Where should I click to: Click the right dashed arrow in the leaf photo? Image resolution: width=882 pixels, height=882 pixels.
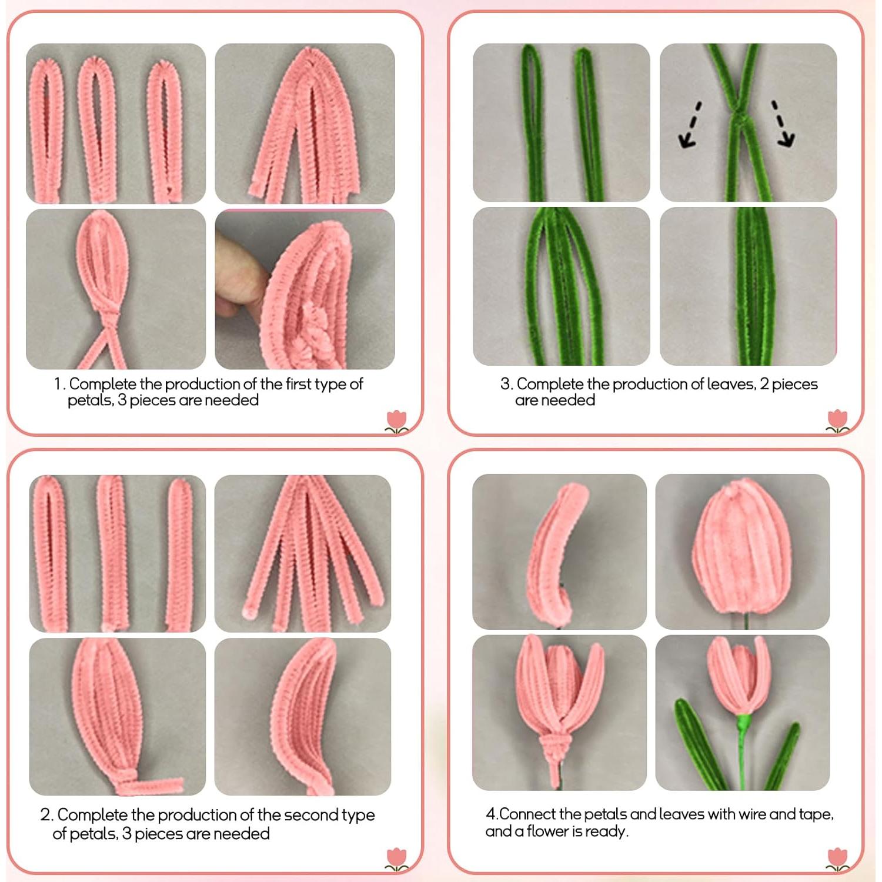coord(783,124)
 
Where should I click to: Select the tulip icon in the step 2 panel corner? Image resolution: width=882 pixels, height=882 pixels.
coord(397,859)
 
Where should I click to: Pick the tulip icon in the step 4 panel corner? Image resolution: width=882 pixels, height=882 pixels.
coord(837,859)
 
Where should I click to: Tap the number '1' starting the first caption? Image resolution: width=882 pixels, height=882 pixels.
coord(58,384)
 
